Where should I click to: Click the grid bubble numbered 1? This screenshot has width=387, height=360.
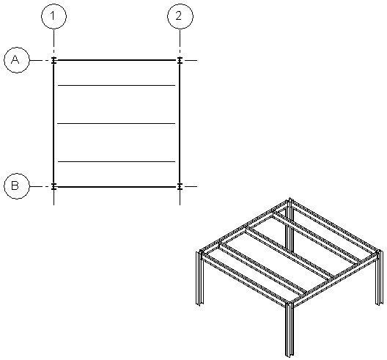coord(54,15)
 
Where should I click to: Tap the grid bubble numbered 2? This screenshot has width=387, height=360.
coord(180,15)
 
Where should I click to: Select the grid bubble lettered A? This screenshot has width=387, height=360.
coord(15,60)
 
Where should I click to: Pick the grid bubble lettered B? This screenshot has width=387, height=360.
coord(15,186)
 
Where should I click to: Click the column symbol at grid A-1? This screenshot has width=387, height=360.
coord(54,60)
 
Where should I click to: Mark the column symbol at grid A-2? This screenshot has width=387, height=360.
coord(180,60)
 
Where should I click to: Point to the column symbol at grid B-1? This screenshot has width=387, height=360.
coord(54,186)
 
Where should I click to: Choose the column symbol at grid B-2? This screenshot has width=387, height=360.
coord(180,186)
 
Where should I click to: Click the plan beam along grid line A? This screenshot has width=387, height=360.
coord(117,60)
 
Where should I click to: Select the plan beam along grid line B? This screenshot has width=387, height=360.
coord(117,186)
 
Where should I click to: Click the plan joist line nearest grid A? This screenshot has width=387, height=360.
coord(117,86)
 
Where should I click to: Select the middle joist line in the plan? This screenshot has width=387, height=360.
coord(117,124)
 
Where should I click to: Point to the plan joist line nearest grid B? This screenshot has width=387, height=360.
coord(117,161)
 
